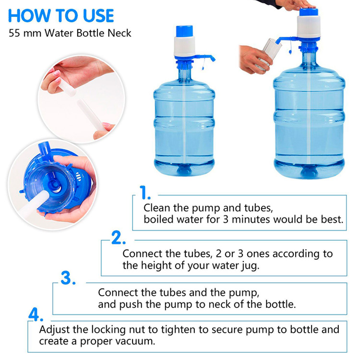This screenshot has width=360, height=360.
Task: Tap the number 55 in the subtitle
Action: (14, 33)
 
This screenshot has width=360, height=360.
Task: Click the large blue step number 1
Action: (145, 192)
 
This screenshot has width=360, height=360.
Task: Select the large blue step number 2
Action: (119, 238)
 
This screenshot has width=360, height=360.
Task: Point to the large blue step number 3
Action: (68, 278)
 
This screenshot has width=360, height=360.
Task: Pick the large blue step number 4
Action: (36, 314)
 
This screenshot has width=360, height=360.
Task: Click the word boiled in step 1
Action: (158, 219)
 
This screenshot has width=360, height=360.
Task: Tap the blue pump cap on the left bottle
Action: (184, 31)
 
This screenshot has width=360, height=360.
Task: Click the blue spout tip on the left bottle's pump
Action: (213, 59)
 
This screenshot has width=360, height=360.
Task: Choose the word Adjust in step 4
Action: (54, 330)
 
